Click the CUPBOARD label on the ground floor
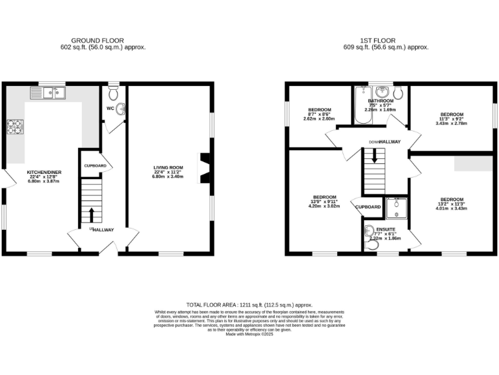click(95, 166)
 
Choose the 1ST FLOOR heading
click(387, 40)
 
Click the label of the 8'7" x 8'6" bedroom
click(319, 109)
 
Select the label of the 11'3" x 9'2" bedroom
click(452, 114)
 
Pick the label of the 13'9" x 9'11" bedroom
click(324, 197)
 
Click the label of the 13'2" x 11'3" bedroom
click(451, 199)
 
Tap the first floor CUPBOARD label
click(368, 207)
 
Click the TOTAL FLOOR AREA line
click(249, 305)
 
